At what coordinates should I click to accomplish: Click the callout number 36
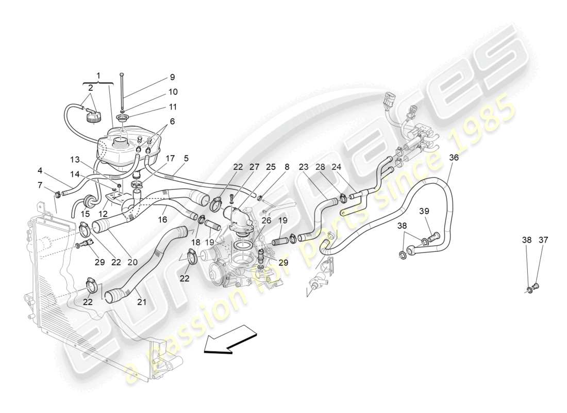453,158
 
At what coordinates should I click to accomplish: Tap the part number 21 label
142,301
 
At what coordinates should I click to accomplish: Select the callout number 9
172,77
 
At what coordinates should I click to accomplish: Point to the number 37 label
544,240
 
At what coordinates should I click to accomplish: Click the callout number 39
424,211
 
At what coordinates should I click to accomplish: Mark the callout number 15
85,214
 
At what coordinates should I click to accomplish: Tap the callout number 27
254,167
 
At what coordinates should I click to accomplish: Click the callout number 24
336,167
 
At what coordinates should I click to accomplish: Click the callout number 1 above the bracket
98,75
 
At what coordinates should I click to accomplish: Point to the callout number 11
172,107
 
